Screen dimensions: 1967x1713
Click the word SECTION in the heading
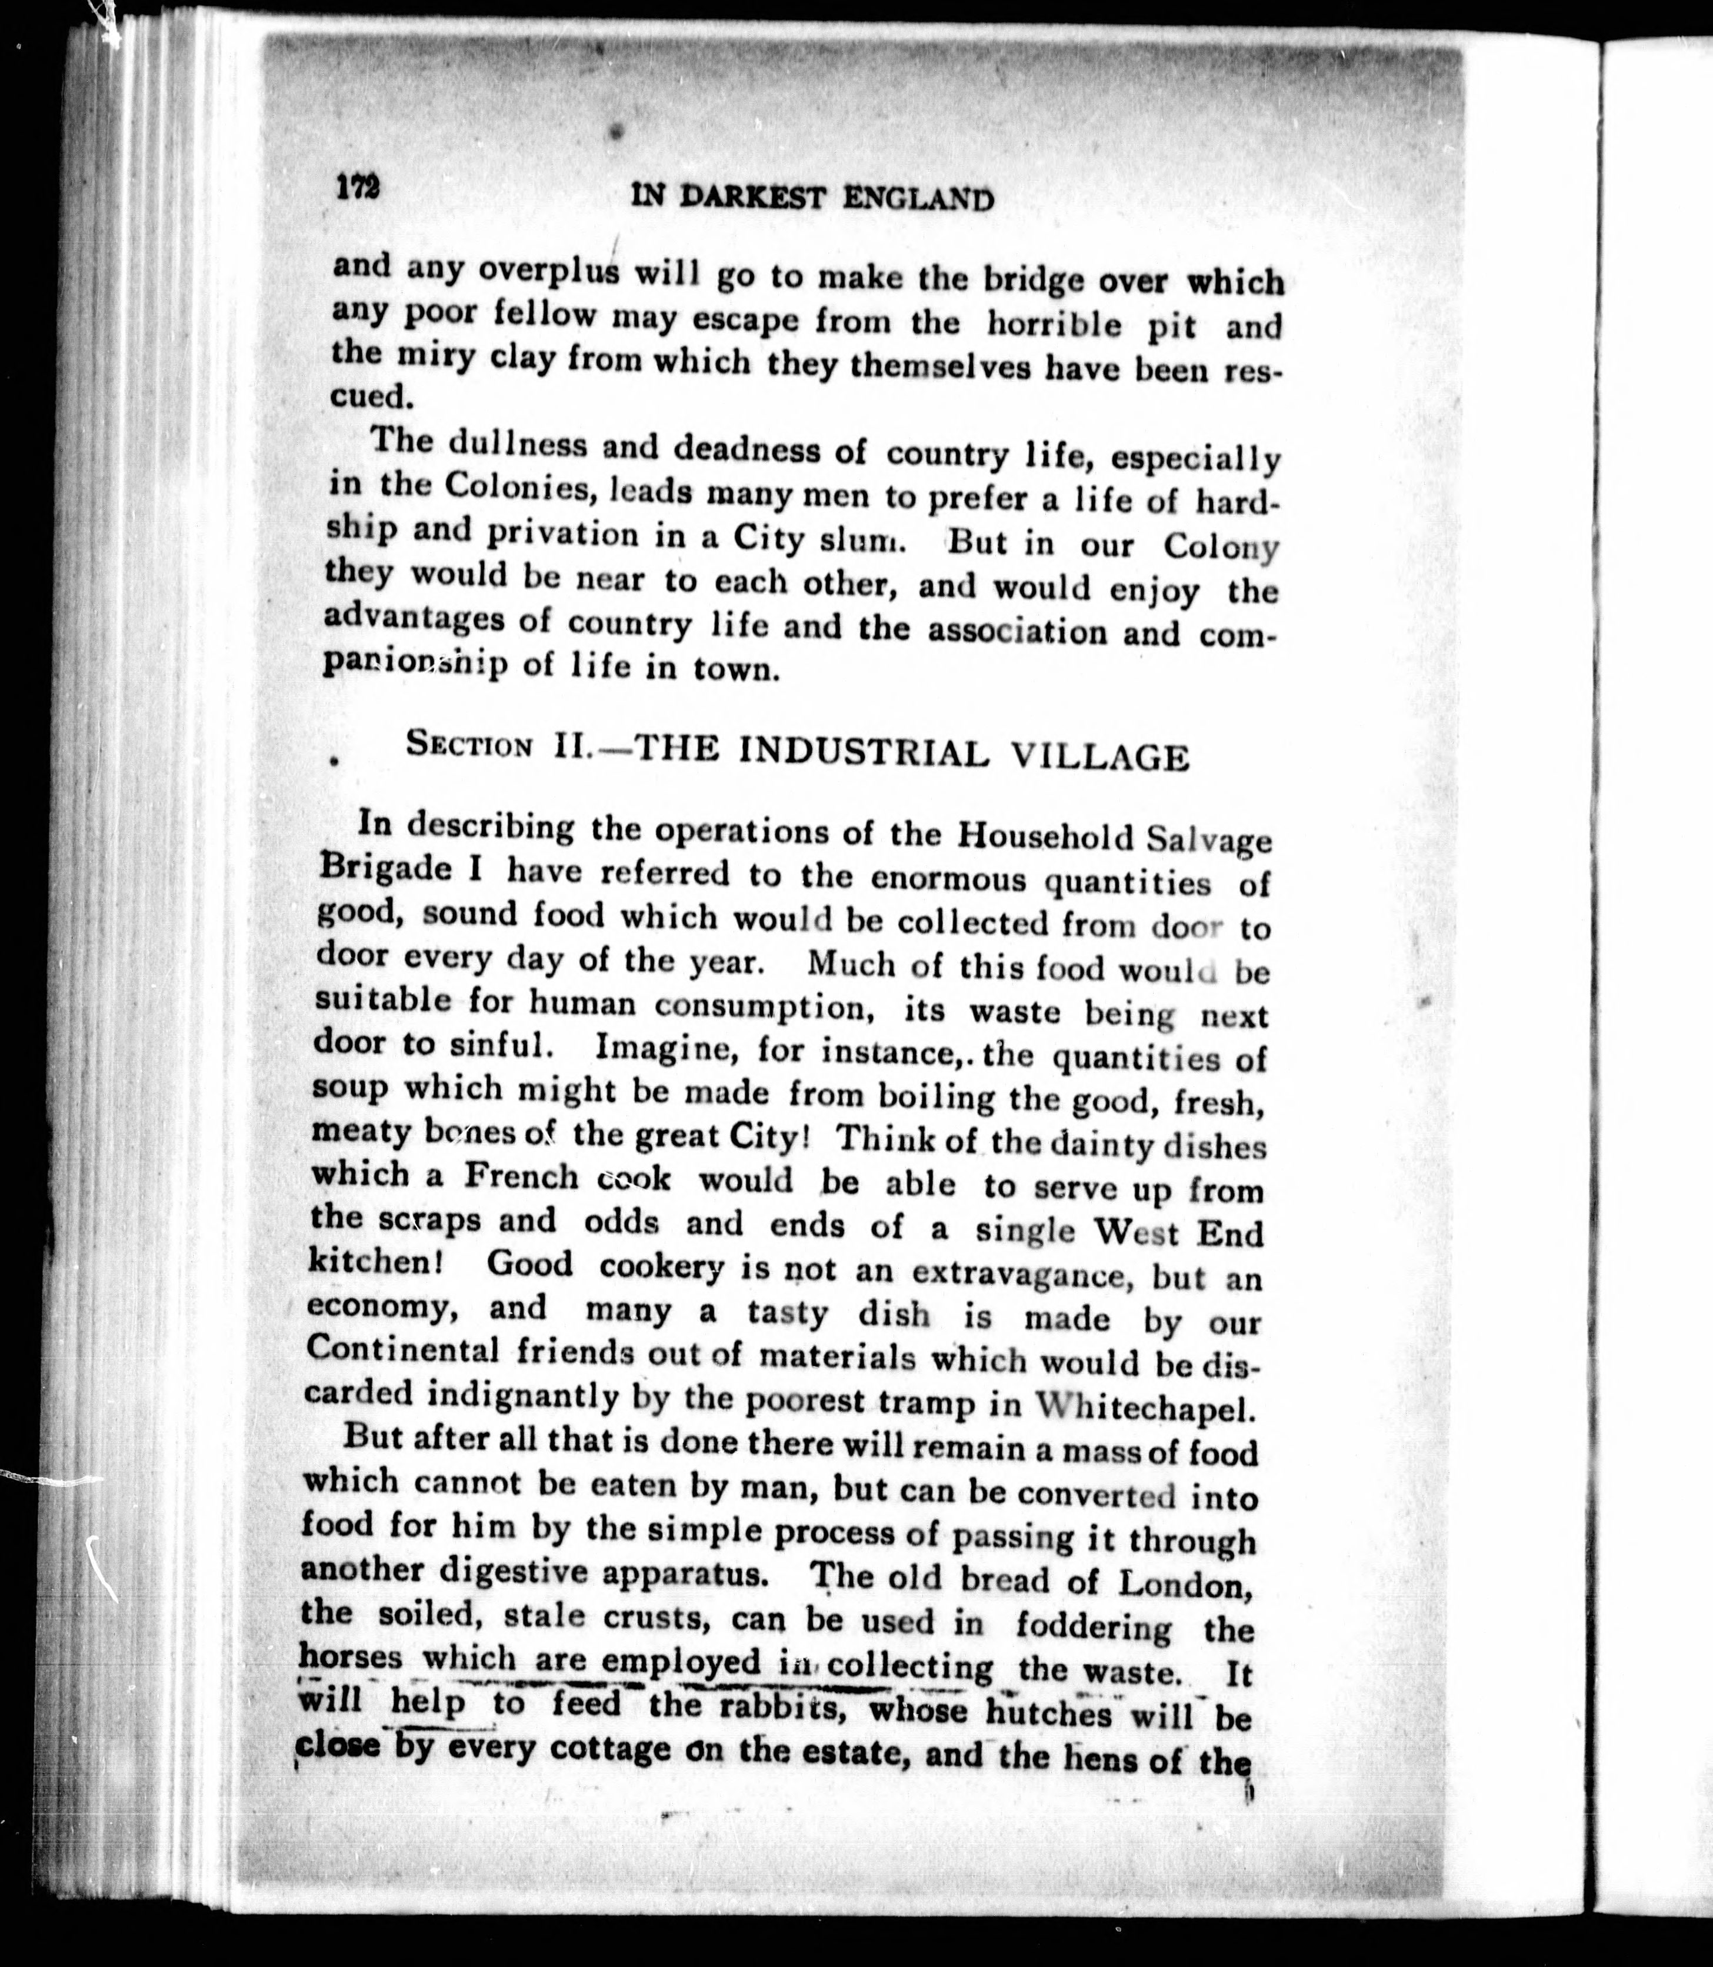pos(468,745)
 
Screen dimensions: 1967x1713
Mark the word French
pos(521,1176)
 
